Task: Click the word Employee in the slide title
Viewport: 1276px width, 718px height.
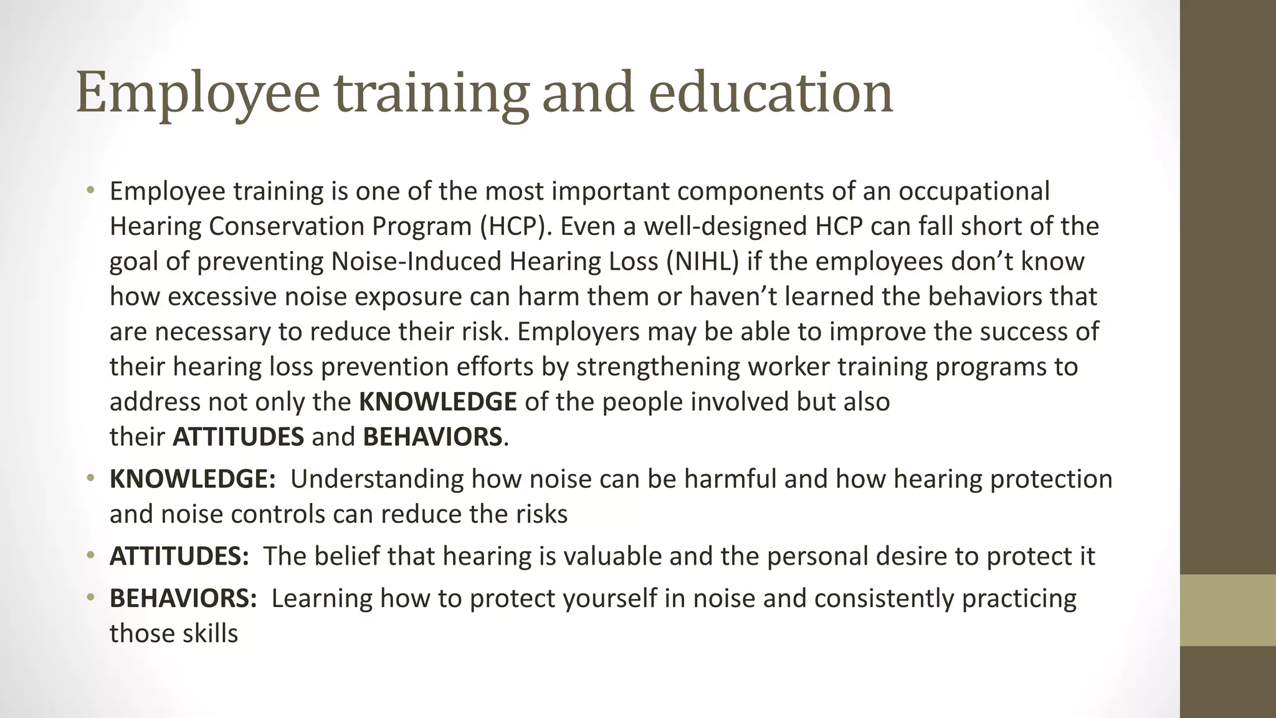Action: [198, 93]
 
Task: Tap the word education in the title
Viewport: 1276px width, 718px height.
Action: [771, 93]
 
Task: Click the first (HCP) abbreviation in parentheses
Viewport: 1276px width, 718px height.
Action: [515, 226]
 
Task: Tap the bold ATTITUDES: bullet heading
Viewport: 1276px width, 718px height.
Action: [179, 556]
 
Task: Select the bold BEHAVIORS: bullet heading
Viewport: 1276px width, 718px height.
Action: [183, 598]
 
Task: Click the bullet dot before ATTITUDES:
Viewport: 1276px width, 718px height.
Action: [91, 555]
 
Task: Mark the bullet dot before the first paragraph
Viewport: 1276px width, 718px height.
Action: [91, 189]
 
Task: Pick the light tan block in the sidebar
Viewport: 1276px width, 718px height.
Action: [1227, 610]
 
